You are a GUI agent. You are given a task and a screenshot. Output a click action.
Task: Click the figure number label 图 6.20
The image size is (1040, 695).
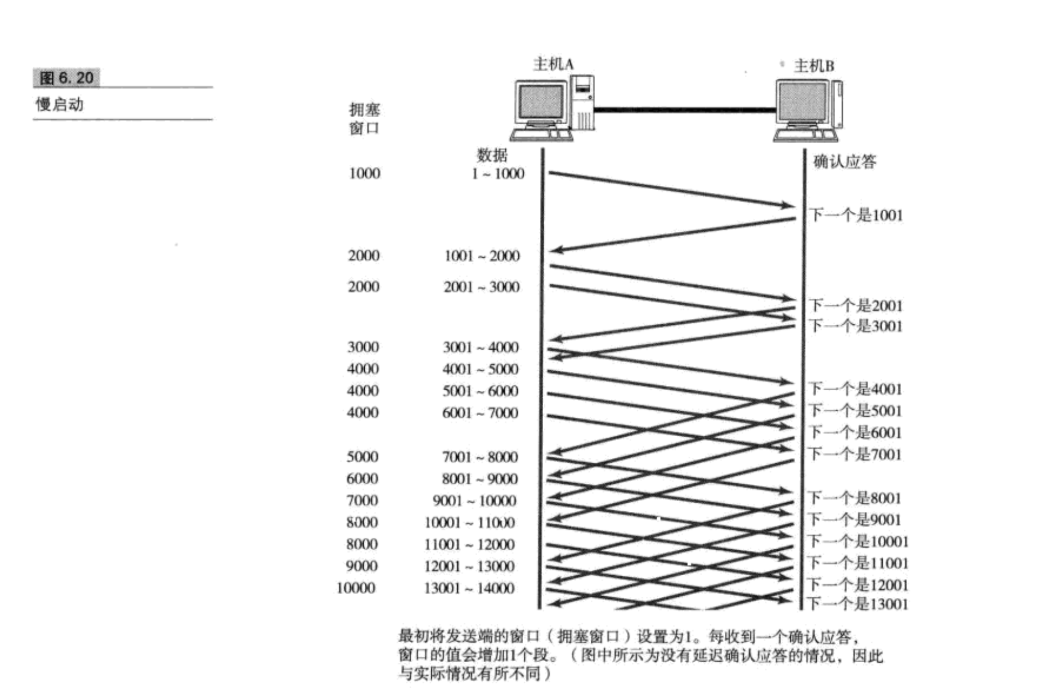click(x=67, y=78)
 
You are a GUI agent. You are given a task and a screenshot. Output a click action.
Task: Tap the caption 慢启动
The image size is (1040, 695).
click(x=59, y=105)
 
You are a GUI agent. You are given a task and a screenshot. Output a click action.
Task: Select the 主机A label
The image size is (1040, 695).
click(x=553, y=64)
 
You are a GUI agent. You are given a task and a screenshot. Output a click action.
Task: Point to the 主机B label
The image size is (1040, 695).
click(x=814, y=66)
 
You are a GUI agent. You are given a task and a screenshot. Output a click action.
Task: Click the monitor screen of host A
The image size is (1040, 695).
click(x=540, y=102)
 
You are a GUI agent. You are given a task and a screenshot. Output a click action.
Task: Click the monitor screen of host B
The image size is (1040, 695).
click(x=801, y=102)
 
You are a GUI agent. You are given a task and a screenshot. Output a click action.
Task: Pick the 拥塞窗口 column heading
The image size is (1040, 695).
click(x=364, y=119)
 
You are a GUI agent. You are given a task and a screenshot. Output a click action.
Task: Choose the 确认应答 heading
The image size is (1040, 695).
click(x=845, y=162)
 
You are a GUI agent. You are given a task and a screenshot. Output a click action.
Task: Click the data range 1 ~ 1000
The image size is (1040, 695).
click(x=498, y=174)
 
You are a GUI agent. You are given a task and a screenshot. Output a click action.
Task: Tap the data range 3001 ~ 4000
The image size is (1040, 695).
click(x=480, y=347)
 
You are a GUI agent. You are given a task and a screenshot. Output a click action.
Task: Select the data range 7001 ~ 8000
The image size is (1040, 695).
click(x=480, y=457)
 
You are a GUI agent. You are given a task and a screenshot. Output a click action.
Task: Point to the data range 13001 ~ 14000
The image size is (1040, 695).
click(x=469, y=588)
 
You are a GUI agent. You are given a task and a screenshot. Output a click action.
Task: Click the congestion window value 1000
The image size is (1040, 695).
click(x=364, y=173)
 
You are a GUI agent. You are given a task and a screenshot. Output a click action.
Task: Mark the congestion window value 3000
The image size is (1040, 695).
click(x=363, y=347)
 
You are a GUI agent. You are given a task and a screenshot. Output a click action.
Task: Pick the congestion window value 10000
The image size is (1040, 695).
click(x=356, y=588)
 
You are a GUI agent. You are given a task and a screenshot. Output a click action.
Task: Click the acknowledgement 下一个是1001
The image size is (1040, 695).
click(x=856, y=215)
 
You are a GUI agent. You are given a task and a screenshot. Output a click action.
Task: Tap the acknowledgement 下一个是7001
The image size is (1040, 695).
click(x=855, y=454)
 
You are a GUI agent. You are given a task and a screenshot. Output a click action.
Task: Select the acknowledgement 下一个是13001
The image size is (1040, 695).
click(x=857, y=604)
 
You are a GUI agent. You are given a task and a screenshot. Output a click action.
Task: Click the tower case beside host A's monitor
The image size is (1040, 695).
click(x=583, y=103)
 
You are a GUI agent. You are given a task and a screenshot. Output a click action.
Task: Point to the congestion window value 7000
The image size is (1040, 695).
click(x=362, y=500)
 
